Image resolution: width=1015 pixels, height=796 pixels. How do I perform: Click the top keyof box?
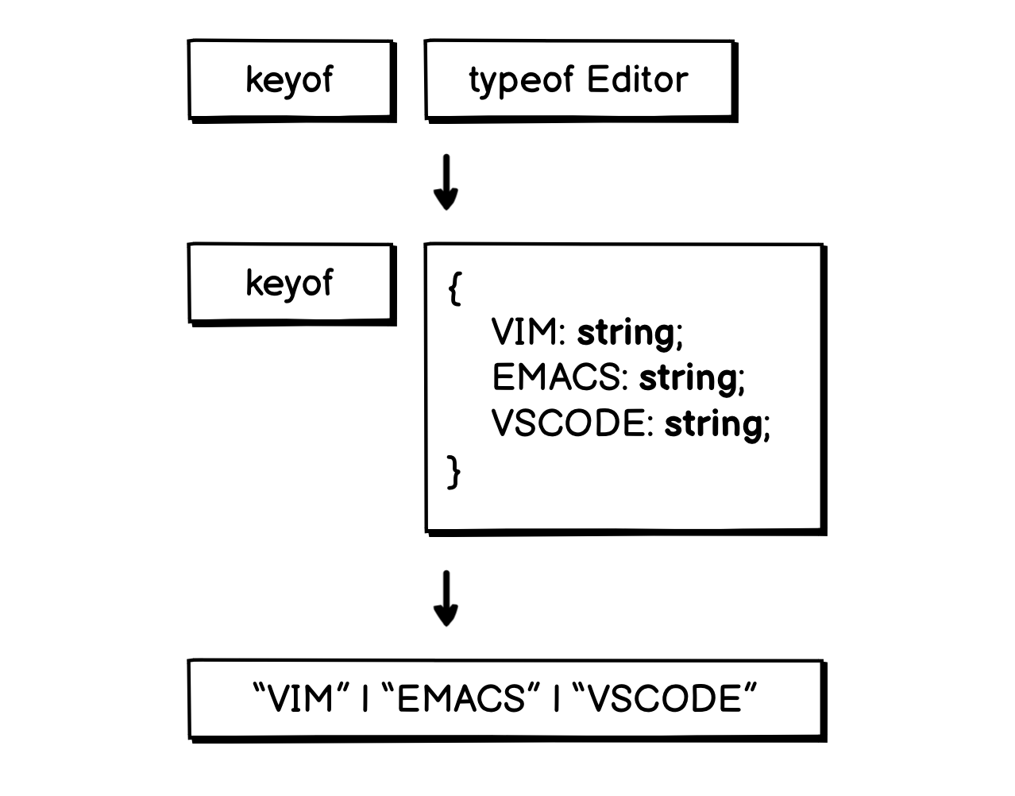290,79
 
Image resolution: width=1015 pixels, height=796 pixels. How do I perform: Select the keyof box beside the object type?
290,283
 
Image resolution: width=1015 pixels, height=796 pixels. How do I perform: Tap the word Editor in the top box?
637,79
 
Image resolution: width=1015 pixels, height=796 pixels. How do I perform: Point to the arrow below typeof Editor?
446,182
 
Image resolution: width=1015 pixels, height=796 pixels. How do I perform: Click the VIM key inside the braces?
525,332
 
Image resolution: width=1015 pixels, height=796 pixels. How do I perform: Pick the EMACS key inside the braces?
556,377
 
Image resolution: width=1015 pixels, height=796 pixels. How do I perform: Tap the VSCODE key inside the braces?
568,423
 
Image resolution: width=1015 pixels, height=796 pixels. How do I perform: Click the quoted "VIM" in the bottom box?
302,699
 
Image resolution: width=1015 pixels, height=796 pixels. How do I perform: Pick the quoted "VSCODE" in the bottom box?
663,699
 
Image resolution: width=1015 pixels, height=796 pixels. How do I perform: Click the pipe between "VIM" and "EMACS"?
365,700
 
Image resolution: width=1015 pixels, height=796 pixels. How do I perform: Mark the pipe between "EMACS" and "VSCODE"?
556,700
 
